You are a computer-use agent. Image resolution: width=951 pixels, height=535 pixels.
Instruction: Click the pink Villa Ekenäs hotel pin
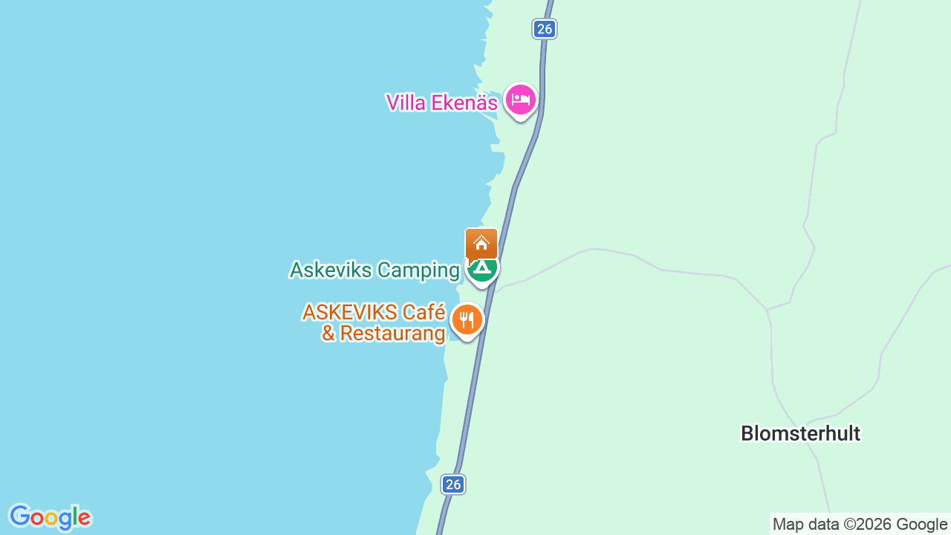(520, 99)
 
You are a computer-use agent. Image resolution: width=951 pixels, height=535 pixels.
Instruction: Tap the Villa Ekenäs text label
(441, 103)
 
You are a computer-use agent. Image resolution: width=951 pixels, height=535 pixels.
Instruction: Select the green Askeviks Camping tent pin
(483, 267)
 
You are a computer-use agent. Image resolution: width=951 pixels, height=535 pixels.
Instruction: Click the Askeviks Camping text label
(374, 270)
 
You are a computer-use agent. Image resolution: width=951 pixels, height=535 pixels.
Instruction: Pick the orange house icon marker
(481, 242)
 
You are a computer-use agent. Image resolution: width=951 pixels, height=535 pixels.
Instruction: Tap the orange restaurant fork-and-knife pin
(467, 320)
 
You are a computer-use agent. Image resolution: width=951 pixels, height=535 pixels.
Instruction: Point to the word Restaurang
(392, 334)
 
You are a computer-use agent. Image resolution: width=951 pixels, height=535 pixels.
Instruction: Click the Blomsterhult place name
(800, 434)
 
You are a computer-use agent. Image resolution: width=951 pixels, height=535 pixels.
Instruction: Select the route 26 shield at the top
(545, 29)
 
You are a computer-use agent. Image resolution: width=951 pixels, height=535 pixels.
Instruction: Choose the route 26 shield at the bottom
(452, 484)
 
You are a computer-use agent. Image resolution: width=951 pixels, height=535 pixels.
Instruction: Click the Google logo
(50, 517)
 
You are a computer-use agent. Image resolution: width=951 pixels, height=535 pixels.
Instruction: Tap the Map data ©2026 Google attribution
(860, 525)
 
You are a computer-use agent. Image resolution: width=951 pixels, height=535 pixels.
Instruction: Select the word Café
(423, 312)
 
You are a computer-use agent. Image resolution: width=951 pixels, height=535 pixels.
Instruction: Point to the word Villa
(406, 103)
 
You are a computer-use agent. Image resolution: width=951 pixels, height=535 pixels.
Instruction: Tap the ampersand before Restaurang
(328, 334)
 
